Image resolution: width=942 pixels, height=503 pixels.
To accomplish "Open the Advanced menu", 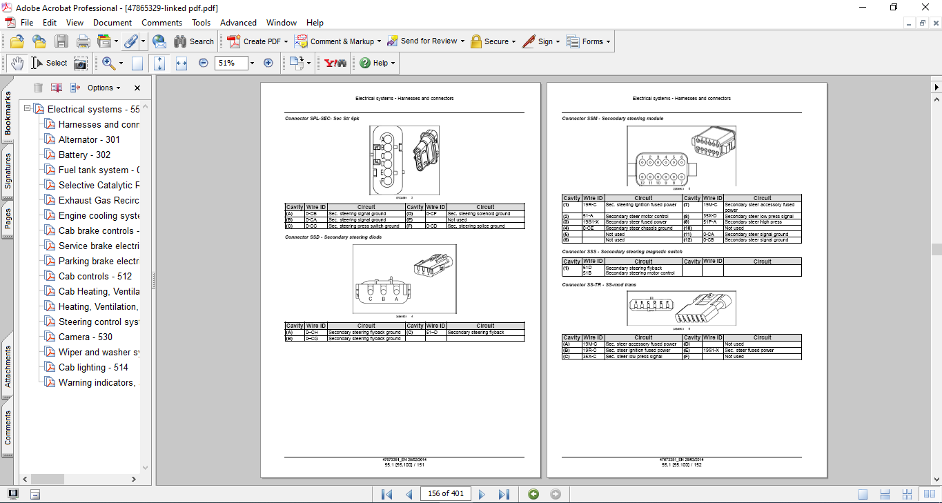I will click(x=238, y=23).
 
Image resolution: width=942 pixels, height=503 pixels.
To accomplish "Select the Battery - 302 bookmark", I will click(x=84, y=155).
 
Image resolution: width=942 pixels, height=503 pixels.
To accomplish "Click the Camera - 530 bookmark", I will click(x=85, y=337).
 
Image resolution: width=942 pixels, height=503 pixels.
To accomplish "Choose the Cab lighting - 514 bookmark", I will click(x=93, y=367).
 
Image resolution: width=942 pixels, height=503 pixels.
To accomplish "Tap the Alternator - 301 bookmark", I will click(x=89, y=139).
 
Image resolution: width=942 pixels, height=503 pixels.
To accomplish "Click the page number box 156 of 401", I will click(x=446, y=493).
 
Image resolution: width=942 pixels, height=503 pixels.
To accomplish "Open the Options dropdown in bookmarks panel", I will click(x=104, y=88).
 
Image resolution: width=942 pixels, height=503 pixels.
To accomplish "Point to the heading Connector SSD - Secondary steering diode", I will click(x=333, y=237).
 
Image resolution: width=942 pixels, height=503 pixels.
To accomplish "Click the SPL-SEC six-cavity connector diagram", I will click(x=404, y=160).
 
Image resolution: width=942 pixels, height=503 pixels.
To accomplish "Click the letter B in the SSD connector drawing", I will click(x=384, y=299).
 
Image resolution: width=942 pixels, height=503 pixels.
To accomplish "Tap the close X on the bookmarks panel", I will click(x=137, y=88).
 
